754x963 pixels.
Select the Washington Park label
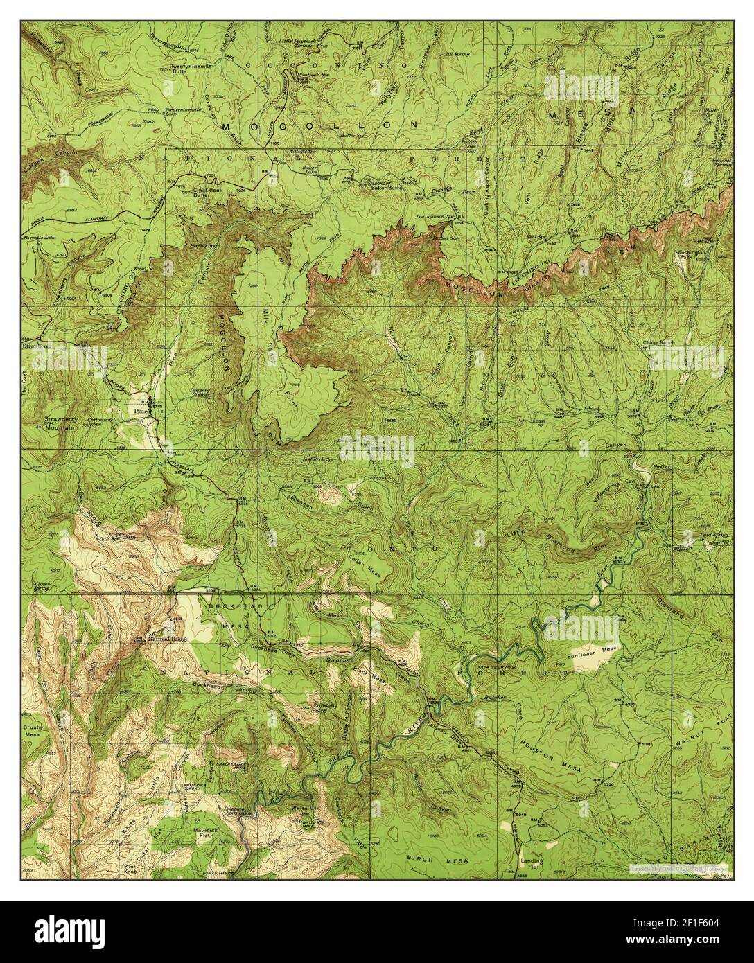tap(690, 256)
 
